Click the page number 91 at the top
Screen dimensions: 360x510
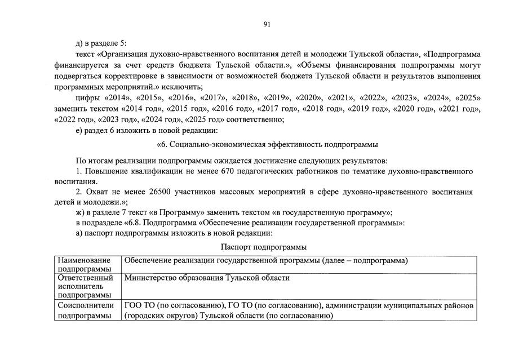(x=267, y=24)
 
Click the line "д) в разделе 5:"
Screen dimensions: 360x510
(x=100, y=43)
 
